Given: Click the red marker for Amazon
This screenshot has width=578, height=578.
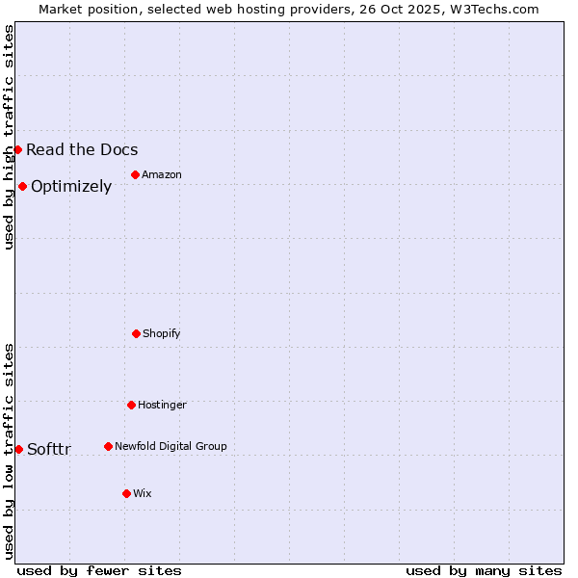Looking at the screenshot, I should [x=135, y=174].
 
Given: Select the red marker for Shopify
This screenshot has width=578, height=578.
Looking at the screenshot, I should [x=136, y=333].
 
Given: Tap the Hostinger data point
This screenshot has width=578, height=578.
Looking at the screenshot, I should [x=131, y=405].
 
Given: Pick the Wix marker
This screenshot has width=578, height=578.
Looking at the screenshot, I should [x=126, y=493].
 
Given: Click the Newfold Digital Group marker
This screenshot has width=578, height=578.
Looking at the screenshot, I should [x=108, y=446].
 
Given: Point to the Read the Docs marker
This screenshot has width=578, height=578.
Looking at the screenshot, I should [x=17, y=149].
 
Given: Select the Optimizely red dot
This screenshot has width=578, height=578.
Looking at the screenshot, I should [x=22, y=186].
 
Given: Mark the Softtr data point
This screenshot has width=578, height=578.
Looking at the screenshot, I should [x=18, y=449].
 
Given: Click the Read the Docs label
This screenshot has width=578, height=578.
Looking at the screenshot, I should [x=82, y=149].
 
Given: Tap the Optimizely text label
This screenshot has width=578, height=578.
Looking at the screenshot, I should [x=71, y=186].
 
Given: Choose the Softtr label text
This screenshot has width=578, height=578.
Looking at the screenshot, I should [x=49, y=449].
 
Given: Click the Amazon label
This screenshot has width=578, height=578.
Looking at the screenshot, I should [x=162, y=174].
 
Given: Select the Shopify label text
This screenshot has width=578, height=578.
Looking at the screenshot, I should [x=162, y=333].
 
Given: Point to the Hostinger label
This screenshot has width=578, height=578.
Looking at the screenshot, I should [x=162, y=405].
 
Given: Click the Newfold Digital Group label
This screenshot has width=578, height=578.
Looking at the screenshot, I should [x=171, y=446].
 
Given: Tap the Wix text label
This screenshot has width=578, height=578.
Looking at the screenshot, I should [x=143, y=493].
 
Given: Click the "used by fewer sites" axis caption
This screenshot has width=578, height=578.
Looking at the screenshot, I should [x=99, y=570].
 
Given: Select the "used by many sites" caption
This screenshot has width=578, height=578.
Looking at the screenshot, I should [x=484, y=570].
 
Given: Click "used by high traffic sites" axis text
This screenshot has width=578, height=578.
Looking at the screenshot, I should [x=10, y=137].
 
